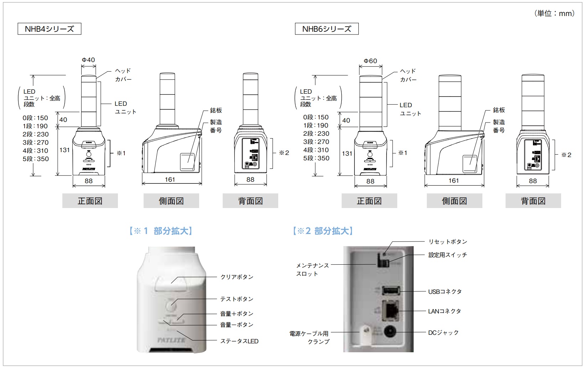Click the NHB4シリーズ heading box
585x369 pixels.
pyautogui.click(x=50, y=29)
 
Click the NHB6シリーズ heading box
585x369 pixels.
pyautogui.click(x=327, y=29)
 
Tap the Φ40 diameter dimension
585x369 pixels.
pyautogui.click(x=88, y=60)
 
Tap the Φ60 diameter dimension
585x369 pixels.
pyautogui.click(x=370, y=61)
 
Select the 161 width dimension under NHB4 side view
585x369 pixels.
pyautogui.click(x=170, y=180)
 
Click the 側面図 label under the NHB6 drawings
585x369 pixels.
pyautogui.click(x=454, y=201)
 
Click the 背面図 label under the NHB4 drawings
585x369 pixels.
pyautogui.click(x=250, y=201)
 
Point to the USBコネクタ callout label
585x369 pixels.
pyautogui.click(x=445, y=292)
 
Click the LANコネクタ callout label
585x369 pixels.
pyautogui.click(x=444, y=311)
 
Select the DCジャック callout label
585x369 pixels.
pyautogui.click(x=443, y=333)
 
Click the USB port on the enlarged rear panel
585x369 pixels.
pyautogui.click(x=391, y=291)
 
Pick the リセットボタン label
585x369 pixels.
pyautogui.click(x=447, y=242)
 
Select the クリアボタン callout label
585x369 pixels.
pyautogui.click(x=237, y=277)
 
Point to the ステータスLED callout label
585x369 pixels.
pyautogui.click(x=239, y=341)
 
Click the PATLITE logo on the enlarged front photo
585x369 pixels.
pyautogui.click(x=171, y=340)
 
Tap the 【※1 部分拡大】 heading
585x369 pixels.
pyautogui.click(x=161, y=231)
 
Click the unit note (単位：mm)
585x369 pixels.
pyautogui.click(x=554, y=14)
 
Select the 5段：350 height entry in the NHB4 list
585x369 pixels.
pyautogui.click(x=36, y=159)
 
